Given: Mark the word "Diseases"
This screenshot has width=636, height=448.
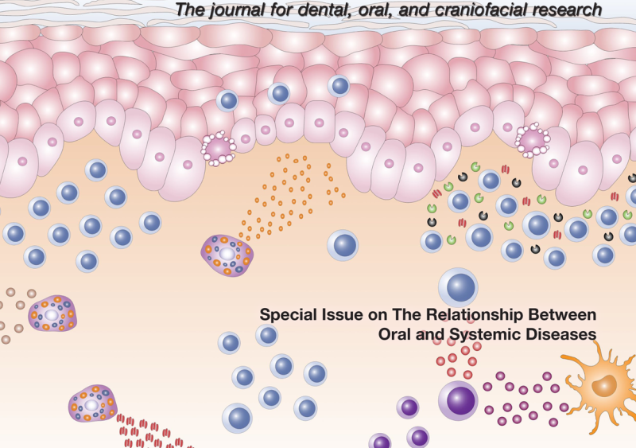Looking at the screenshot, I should pos(556,334).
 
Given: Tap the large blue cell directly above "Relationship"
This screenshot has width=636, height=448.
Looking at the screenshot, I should pos(458,286).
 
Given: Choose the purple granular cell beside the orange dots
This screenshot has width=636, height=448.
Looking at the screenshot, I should pos(227,255).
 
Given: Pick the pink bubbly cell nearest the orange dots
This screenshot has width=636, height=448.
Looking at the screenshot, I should pos(218,149).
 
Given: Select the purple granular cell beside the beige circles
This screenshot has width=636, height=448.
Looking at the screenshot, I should pos(52,314).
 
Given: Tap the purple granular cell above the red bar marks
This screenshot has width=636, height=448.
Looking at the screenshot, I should pos(92,403).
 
